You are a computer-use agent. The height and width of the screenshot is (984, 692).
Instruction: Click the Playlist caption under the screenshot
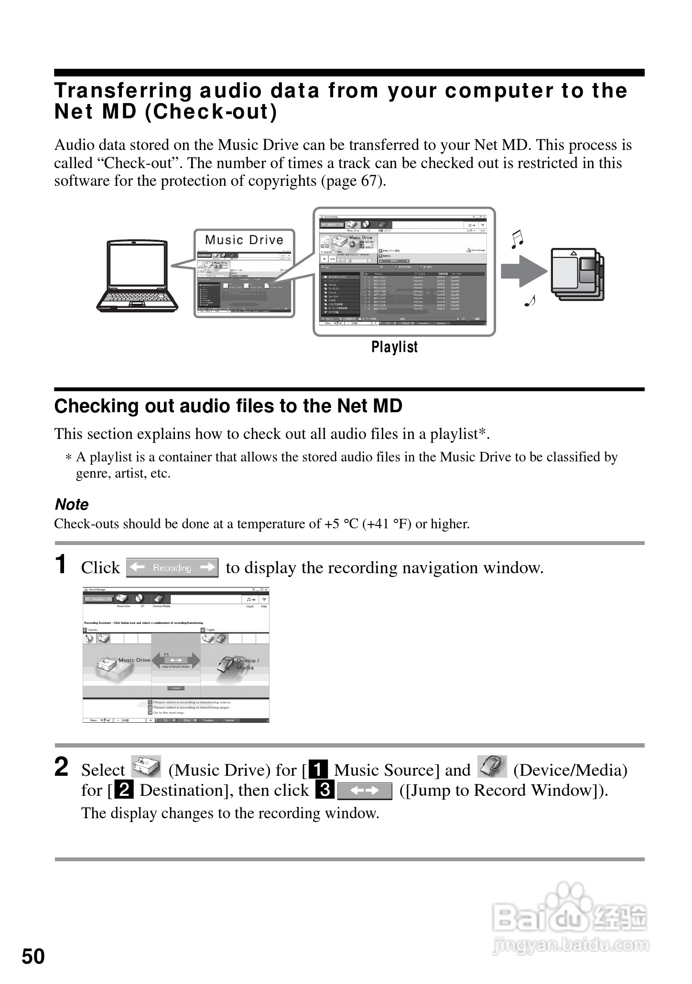[394, 347]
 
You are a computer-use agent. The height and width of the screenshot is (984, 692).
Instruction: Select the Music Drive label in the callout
[244, 240]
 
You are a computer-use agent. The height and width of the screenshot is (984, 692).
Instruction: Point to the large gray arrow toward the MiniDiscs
[523, 271]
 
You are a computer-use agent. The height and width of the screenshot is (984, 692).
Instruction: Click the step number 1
[61, 565]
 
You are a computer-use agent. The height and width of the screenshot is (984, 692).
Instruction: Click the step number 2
[61, 768]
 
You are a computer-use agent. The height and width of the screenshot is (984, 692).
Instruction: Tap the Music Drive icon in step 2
[146, 767]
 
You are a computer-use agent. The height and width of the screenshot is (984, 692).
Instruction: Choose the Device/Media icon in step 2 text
[492, 767]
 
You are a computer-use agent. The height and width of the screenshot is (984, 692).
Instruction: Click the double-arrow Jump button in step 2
[364, 791]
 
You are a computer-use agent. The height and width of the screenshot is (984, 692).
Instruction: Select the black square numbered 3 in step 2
[324, 791]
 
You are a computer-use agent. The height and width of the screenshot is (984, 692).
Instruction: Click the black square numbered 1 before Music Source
[319, 770]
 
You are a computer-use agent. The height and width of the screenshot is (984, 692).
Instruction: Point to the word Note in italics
[72, 504]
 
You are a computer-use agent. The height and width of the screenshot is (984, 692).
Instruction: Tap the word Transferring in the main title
[123, 91]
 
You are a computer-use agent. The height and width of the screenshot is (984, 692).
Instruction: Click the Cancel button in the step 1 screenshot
[176, 688]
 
